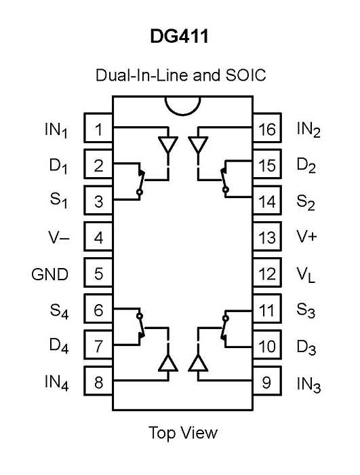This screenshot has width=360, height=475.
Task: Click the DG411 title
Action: click(180, 37)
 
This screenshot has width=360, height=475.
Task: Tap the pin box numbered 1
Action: click(98, 128)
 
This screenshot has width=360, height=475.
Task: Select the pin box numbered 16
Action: click(267, 128)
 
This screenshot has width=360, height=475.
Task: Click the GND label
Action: click(50, 274)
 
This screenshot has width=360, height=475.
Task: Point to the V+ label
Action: click(306, 236)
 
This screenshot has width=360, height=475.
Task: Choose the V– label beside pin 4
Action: click(59, 237)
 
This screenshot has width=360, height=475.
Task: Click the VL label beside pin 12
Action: click(306, 275)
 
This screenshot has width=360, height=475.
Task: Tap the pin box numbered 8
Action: click(98, 381)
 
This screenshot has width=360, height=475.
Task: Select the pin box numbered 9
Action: click(267, 381)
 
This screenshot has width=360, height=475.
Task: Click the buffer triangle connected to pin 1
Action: click(168, 144)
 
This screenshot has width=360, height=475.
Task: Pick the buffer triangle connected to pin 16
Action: click(198, 144)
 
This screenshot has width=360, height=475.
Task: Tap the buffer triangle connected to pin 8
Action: click(168, 363)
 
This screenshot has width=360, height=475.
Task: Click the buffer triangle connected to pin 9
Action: click(198, 363)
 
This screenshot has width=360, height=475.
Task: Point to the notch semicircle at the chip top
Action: click(183, 115)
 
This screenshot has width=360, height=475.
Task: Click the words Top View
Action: click(183, 433)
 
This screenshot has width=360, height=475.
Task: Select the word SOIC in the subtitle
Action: click(245, 75)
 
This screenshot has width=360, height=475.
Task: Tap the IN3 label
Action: click(308, 385)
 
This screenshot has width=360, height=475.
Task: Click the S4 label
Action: click(60, 311)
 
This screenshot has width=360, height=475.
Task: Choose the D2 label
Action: click(306, 166)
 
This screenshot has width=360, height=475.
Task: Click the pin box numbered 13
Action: click(267, 236)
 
